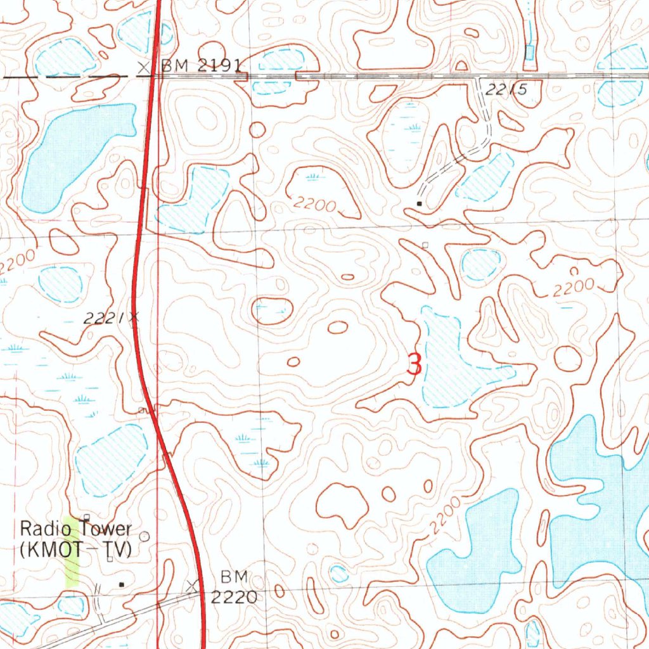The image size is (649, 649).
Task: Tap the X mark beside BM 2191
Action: (x=146, y=67)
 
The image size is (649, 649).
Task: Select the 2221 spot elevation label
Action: (x=104, y=320)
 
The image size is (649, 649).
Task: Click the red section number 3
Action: (x=414, y=365)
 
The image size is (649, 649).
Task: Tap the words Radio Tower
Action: (x=76, y=529)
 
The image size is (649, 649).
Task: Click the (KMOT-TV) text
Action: (x=76, y=549)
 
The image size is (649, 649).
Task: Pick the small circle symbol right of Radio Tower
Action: (x=145, y=536)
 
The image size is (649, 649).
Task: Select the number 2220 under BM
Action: (x=234, y=596)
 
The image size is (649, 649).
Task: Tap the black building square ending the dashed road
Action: (x=420, y=203)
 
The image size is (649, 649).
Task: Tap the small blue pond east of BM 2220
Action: (x=339, y=574)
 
